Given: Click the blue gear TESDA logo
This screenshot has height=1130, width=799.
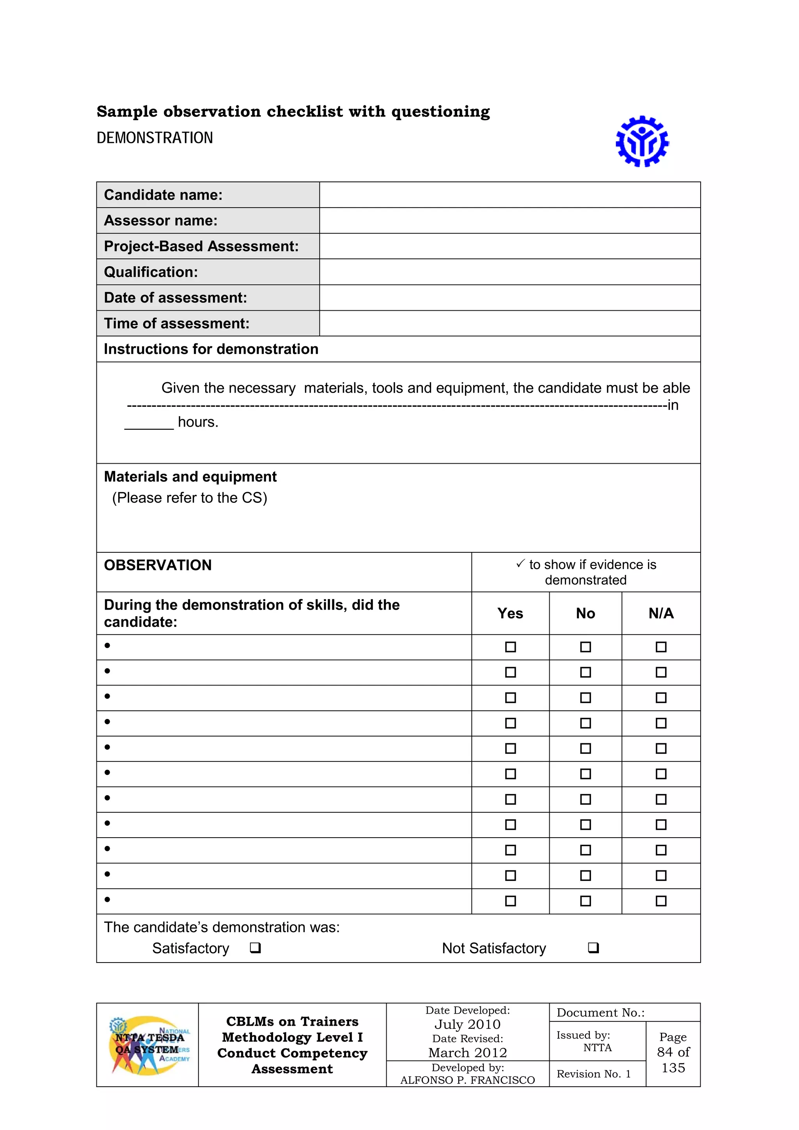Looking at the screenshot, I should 642,141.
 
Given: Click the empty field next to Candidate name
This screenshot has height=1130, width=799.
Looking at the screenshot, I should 509,195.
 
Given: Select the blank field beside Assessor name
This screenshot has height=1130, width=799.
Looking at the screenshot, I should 509,221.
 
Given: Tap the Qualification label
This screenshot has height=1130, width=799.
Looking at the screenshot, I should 151,272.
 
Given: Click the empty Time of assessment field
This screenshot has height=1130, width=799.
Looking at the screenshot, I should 509,323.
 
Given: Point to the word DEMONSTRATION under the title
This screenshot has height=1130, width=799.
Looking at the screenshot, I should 154,138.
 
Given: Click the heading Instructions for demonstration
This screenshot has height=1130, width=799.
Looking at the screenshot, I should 211,349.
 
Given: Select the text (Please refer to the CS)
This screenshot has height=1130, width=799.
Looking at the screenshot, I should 190,498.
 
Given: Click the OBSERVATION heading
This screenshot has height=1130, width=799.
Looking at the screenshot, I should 158,565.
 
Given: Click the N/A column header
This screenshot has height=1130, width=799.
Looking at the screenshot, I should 661,613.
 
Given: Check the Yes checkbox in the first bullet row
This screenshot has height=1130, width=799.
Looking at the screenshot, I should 510,647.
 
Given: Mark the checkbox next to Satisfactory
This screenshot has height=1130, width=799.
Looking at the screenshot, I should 255,947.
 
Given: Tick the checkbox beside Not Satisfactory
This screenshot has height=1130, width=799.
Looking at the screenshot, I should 593,947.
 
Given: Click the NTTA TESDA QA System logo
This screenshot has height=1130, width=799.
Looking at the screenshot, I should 148,1045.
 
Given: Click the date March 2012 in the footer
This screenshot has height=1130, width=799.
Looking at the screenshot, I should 467,1052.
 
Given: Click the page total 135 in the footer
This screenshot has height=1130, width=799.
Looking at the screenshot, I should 673,1068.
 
